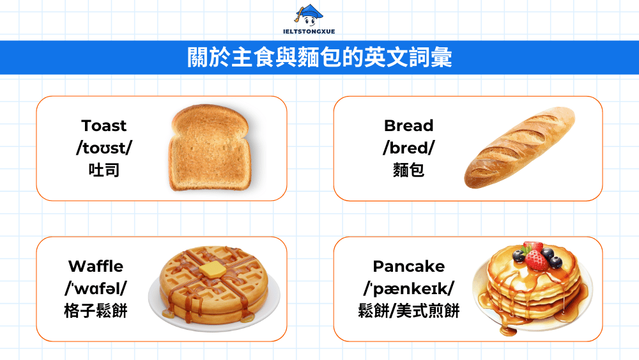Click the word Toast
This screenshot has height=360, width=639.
[x=104, y=125]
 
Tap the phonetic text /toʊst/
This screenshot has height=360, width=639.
[x=104, y=148]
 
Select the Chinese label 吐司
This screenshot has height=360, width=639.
[x=104, y=170]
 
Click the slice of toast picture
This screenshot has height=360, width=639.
[x=208, y=149]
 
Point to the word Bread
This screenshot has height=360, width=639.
[x=408, y=125]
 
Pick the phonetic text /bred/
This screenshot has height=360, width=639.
[x=408, y=148]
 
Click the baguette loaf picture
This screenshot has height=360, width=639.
[x=520, y=148]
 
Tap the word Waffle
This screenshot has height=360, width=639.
[x=96, y=266]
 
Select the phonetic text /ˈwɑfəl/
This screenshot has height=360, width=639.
[x=96, y=288]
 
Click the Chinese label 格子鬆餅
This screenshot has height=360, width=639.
[x=96, y=311]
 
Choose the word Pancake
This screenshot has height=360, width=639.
[x=408, y=266]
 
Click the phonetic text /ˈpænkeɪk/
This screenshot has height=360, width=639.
[x=408, y=288]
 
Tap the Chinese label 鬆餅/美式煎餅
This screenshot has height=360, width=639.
[x=408, y=311]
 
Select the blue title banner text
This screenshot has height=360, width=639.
[x=319, y=58]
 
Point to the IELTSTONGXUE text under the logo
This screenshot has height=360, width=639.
[x=308, y=33]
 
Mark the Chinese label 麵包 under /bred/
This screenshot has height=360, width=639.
[x=408, y=170]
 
